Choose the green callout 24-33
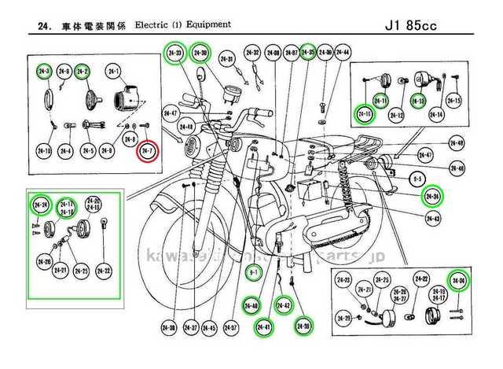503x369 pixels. pyautogui.click(x=174, y=53)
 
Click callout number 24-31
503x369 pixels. pyautogui.click(x=228, y=59)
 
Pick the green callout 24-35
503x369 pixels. pyautogui.click(x=309, y=53)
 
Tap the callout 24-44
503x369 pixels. pyautogui.click(x=343, y=53)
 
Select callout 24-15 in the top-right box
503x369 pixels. pyautogui.click(x=453, y=101)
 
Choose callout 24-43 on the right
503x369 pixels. pyautogui.click(x=431, y=217)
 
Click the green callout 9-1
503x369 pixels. pyautogui.click(x=253, y=273)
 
